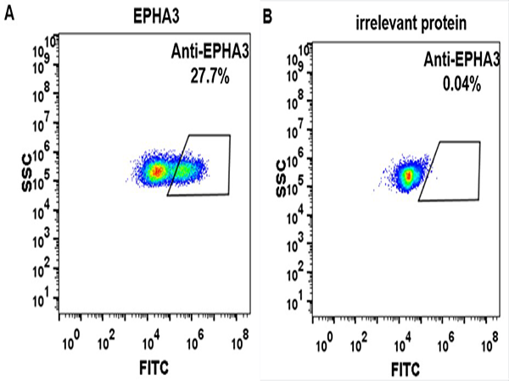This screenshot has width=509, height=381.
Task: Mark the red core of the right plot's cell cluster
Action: click(409, 176)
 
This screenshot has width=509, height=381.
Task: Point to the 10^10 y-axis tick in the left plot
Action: click(49, 41)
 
